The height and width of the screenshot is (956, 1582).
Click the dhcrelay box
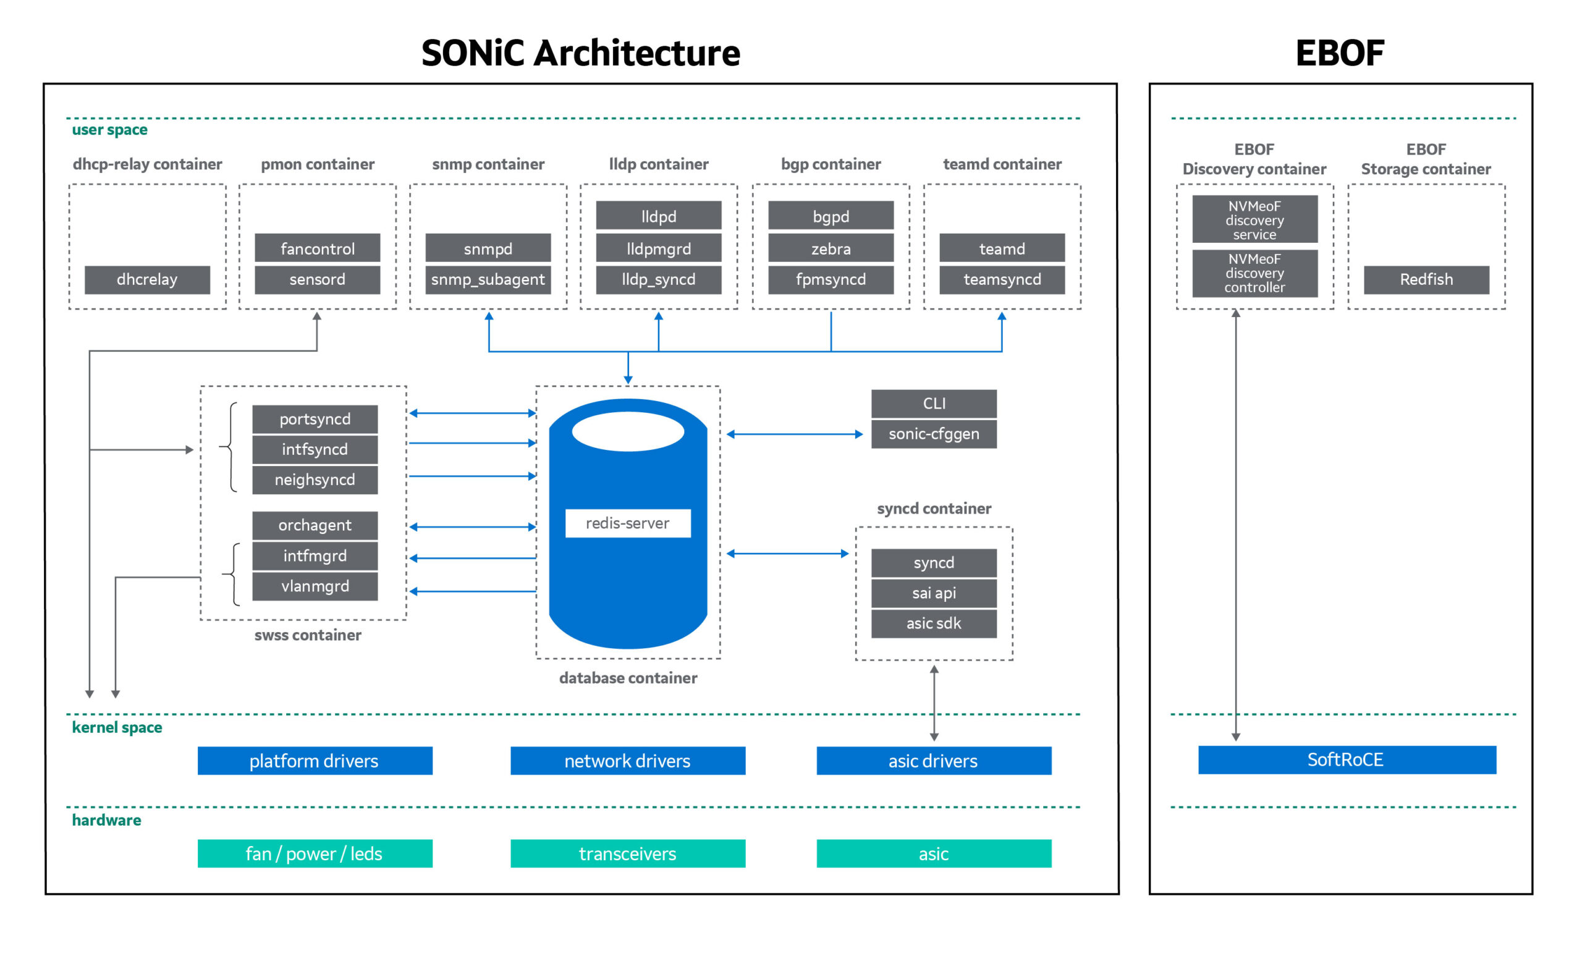147,280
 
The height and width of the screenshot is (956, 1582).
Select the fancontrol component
317,248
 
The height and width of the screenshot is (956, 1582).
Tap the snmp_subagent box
488,280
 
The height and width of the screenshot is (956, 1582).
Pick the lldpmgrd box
659,248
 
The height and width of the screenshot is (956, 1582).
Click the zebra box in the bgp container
831,248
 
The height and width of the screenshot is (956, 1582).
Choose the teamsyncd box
1002,280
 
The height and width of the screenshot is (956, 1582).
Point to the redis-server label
628,523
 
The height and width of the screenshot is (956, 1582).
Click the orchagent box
315,525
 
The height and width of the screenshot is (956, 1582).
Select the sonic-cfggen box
934,434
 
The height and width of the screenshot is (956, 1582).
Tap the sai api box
934,593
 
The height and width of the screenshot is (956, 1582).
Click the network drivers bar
628,761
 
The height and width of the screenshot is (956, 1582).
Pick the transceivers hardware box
628,854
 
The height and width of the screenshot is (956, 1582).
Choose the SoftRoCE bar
1347,760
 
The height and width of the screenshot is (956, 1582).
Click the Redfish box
1427,280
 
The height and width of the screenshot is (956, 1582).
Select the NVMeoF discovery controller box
1255,274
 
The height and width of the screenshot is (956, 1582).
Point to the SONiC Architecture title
580,53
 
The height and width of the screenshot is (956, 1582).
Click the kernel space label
117,727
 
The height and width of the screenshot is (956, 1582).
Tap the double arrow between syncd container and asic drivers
934,703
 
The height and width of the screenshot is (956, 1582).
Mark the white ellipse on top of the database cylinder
628,431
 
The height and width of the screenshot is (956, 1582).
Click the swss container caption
308,635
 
